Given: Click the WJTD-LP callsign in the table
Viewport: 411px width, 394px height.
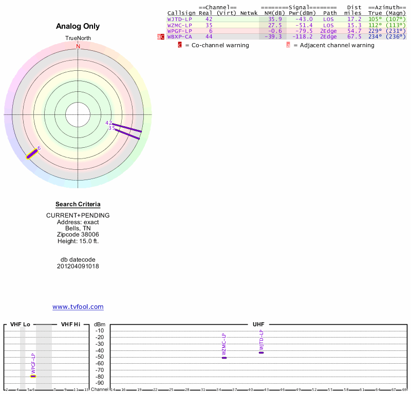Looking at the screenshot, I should coord(179,19).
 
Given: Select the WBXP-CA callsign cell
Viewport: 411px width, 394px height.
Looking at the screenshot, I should coord(179,37).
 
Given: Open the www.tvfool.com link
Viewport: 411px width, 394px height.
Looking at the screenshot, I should coord(78,307).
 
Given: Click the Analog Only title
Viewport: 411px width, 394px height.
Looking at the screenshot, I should coord(78,26).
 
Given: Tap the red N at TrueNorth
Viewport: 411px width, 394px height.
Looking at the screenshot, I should coord(78,46).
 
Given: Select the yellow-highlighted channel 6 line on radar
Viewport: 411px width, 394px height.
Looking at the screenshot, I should coord(32,153).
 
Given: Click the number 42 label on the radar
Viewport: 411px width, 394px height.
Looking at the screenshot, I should coord(108,123).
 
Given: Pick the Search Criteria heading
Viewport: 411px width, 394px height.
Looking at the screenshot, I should coord(78,204).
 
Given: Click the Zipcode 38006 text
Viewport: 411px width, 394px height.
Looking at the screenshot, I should coord(78,234).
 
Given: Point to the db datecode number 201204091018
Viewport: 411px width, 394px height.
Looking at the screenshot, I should coord(78,266).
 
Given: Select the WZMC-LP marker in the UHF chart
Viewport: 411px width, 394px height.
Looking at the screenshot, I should coord(224,357).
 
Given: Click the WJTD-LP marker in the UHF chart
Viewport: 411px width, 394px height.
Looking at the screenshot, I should coord(261,352).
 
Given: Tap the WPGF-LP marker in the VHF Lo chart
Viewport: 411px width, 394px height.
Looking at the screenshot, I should coord(33,376).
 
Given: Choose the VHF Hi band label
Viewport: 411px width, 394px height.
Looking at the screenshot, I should coord(70,324).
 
